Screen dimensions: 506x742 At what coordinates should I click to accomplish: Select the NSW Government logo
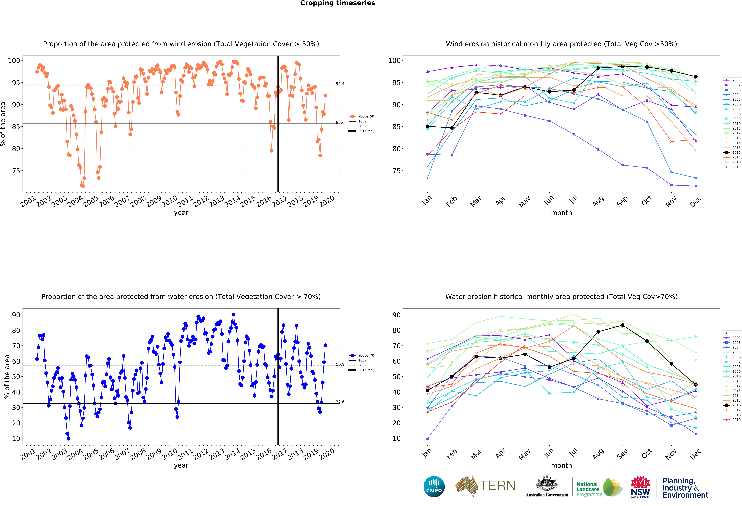[x=640, y=487]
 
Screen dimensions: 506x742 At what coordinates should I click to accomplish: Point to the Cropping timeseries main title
[x=337, y=3]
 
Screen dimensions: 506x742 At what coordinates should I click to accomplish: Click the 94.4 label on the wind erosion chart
[x=340, y=84]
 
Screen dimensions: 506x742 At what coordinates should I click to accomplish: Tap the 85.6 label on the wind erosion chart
[x=340, y=122]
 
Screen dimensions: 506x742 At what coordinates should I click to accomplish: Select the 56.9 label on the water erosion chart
[x=340, y=365]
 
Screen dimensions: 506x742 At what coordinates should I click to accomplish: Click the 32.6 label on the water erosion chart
[x=340, y=402]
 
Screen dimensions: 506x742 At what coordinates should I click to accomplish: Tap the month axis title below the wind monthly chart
[x=561, y=213]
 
